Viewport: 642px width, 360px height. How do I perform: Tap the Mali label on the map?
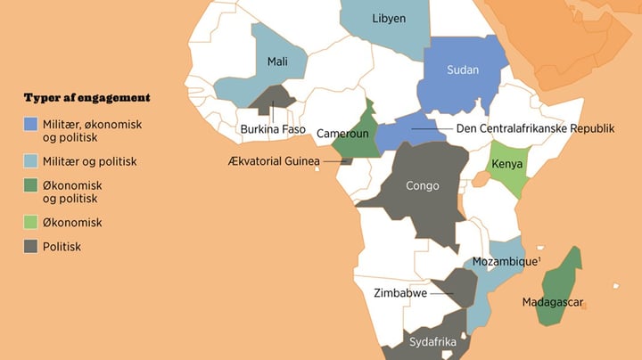point(278,61)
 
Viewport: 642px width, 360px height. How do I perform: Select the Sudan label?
point(463,70)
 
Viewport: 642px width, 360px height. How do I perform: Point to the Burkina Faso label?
point(273,130)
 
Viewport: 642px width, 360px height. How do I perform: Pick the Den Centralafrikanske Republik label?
point(535,128)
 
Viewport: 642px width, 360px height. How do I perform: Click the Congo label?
point(422,186)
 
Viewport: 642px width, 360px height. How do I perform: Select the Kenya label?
point(506,165)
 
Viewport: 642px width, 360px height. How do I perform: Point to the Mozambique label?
point(505,262)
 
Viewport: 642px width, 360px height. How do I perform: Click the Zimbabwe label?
point(399,292)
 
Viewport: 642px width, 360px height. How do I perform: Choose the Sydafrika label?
point(432,342)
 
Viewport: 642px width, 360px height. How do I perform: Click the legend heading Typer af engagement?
point(86,97)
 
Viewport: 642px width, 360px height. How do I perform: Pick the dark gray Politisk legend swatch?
point(31,246)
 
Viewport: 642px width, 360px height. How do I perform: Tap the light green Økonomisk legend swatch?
point(31,222)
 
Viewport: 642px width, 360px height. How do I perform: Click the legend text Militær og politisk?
point(90,162)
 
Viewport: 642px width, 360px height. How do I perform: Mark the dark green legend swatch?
point(31,185)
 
